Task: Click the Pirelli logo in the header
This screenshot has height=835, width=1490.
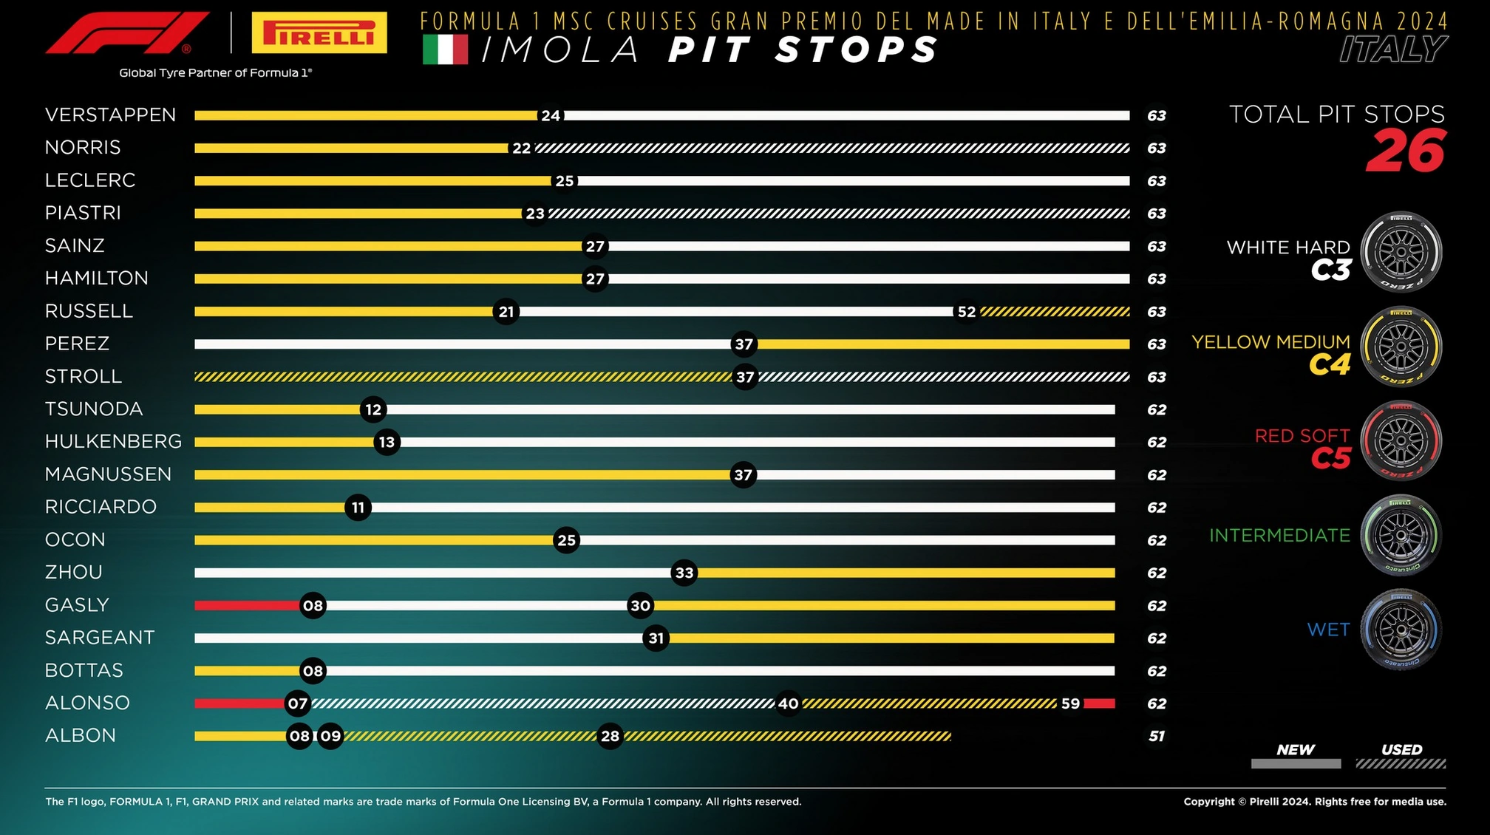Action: coord(319,33)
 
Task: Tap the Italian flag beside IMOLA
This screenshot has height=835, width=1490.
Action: coord(445,50)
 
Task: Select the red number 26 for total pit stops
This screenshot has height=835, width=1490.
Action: coord(1406,151)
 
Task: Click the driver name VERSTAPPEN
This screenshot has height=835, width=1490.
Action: coord(111,115)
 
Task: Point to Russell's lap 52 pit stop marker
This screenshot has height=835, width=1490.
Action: coord(966,312)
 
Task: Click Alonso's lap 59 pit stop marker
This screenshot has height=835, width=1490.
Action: coord(1070,703)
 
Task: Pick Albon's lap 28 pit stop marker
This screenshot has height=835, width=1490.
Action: coord(610,736)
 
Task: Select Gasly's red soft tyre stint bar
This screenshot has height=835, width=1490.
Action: coord(247,606)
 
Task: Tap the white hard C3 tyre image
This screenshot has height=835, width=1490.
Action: coord(1401,252)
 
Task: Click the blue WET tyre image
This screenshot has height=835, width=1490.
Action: coord(1401,630)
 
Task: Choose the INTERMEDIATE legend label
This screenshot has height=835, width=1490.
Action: coord(1279,535)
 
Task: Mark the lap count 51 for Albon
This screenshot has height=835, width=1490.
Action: coord(1157,736)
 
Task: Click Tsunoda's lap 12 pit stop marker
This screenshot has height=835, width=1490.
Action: coord(373,409)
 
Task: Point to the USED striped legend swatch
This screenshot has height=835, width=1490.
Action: coord(1401,764)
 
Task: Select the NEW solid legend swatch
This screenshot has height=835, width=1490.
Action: coord(1296,764)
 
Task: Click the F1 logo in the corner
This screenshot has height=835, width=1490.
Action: coord(127,33)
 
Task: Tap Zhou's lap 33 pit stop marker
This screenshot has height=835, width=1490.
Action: coord(684,573)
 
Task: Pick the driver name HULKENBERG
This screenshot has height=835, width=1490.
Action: coord(113,442)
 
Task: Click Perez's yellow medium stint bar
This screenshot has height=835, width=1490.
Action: coord(942,344)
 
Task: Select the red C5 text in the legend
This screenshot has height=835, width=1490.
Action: coord(1330,459)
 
